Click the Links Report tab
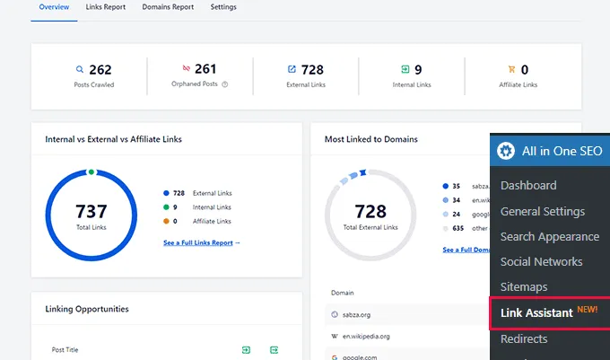(106, 7)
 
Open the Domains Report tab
(168, 7)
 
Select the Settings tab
(223, 7)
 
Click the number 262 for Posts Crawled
(100, 69)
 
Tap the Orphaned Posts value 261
(205, 69)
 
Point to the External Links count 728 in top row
(313, 69)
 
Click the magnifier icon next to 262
(79, 69)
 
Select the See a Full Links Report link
(202, 243)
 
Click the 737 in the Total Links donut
(91, 212)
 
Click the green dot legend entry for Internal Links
(167, 206)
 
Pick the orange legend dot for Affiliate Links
(167, 221)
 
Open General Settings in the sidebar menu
(542, 211)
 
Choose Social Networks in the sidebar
(541, 262)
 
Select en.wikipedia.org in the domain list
(368, 336)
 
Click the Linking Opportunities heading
(87, 309)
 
